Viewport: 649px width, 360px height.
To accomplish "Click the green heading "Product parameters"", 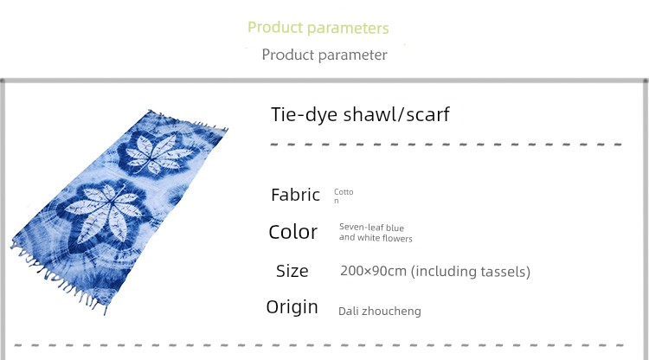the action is [x=318, y=28].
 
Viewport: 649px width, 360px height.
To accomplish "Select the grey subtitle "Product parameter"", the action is [x=324, y=55].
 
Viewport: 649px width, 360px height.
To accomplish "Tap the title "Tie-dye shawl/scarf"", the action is [x=360, y=114].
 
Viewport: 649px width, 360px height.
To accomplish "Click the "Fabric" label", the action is [x=296, y=195].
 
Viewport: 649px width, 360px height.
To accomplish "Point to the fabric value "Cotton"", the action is [x=344, y=196].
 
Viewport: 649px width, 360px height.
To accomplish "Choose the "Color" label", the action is [x=293, y=232].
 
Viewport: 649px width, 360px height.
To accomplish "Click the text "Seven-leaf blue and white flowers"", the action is [x=376, y=233].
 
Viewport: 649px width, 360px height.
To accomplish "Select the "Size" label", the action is [x=292, y=271].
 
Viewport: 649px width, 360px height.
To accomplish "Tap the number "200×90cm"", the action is [x=373, y=271].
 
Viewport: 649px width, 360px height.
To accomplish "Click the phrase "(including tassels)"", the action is [x=471, y=272].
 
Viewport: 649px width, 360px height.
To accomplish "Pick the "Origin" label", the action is [x=292, y=307].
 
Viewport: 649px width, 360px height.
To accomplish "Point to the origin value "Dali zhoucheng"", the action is [x=380, y=312].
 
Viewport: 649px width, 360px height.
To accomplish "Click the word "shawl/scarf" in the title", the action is [x=396, y=114].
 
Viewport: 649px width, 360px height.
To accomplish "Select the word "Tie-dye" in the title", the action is [x=305, y=114].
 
